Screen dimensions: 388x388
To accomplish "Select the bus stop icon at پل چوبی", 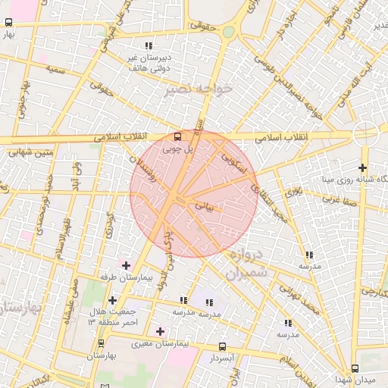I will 177,137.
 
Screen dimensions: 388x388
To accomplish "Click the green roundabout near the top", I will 228,32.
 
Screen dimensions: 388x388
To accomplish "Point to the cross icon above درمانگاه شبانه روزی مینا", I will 363,167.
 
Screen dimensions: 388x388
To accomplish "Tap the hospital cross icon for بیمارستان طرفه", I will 125,265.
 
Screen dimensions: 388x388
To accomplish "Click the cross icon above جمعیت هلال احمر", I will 112,300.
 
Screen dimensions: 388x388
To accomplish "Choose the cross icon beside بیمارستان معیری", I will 159,331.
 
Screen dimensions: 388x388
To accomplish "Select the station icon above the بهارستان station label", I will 100,343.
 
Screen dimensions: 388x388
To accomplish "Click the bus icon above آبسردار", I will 221,346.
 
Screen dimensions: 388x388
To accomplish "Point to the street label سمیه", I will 55,69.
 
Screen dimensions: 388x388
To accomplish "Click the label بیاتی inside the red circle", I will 205,205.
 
